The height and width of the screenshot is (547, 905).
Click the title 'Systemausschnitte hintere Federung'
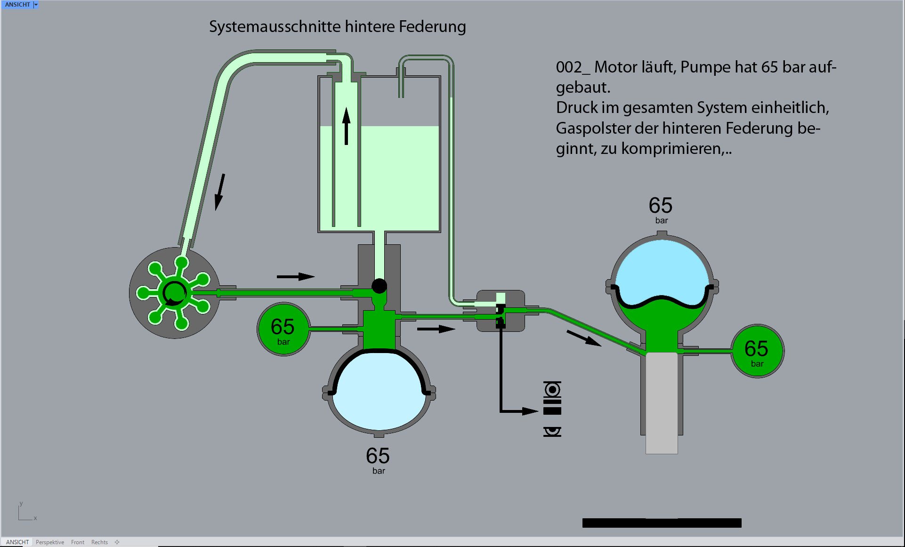coord(337,27)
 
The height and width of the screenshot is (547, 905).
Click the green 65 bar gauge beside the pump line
coord(283,329)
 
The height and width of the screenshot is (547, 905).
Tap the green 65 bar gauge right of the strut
coord(757,351)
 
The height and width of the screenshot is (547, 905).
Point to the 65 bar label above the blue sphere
coord(661,209)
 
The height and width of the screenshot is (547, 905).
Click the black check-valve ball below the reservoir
coord(379,286)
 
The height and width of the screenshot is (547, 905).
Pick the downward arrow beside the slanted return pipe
coord(220,192)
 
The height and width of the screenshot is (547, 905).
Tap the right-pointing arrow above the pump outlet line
coord(296,276)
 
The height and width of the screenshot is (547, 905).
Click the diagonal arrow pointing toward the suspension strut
coord(584,338)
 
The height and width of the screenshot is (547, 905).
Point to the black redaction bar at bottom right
coord(662,523)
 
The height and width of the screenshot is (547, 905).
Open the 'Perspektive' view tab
coord(50,542)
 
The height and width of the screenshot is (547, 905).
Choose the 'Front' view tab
coord(78,542)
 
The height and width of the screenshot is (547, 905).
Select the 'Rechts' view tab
coord(99,542)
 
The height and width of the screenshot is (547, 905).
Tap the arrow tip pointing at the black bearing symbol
coord(536,411)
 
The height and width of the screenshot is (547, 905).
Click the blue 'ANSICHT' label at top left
coord(17,5)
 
